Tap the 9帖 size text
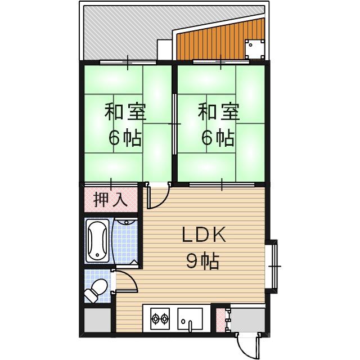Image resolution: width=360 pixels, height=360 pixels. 202,261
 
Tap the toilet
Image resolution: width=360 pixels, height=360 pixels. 96,290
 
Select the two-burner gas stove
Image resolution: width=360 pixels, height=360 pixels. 159,319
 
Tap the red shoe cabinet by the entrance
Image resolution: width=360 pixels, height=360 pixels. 220,319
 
